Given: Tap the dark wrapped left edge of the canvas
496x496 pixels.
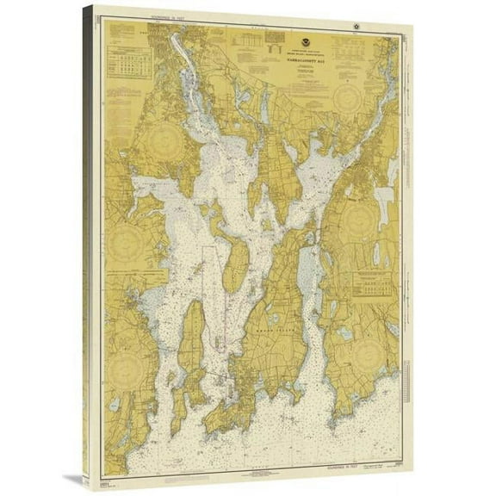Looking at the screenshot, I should pyautogui.click(x=89, y=241).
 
